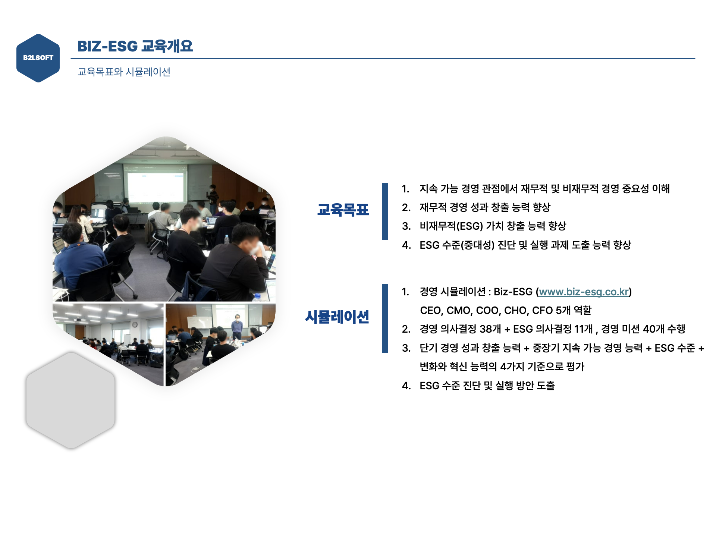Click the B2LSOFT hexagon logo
(x=38, y=58)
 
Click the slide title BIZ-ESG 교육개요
(x=135, y=46)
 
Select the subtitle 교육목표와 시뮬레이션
(x=124, y=72)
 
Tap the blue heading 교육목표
(x=343, y=210)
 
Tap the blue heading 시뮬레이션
(x=337, y=317)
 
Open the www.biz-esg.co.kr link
(x=584, y=292)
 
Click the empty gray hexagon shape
(x=70, y=400)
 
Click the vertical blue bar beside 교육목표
(x=384, y=211)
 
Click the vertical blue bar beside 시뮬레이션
(x=384, y=318)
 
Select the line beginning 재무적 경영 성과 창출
(x=485, y=207)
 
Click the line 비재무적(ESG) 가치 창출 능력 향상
(x=493, y=226)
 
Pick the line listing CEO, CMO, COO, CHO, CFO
(x=505, y=310)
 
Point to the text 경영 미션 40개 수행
(x=643, y=329)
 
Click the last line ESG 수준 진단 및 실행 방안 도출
(x=487, y=386)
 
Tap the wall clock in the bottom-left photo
(x=135, y=325)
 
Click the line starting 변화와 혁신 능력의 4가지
(x=502, y=367)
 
